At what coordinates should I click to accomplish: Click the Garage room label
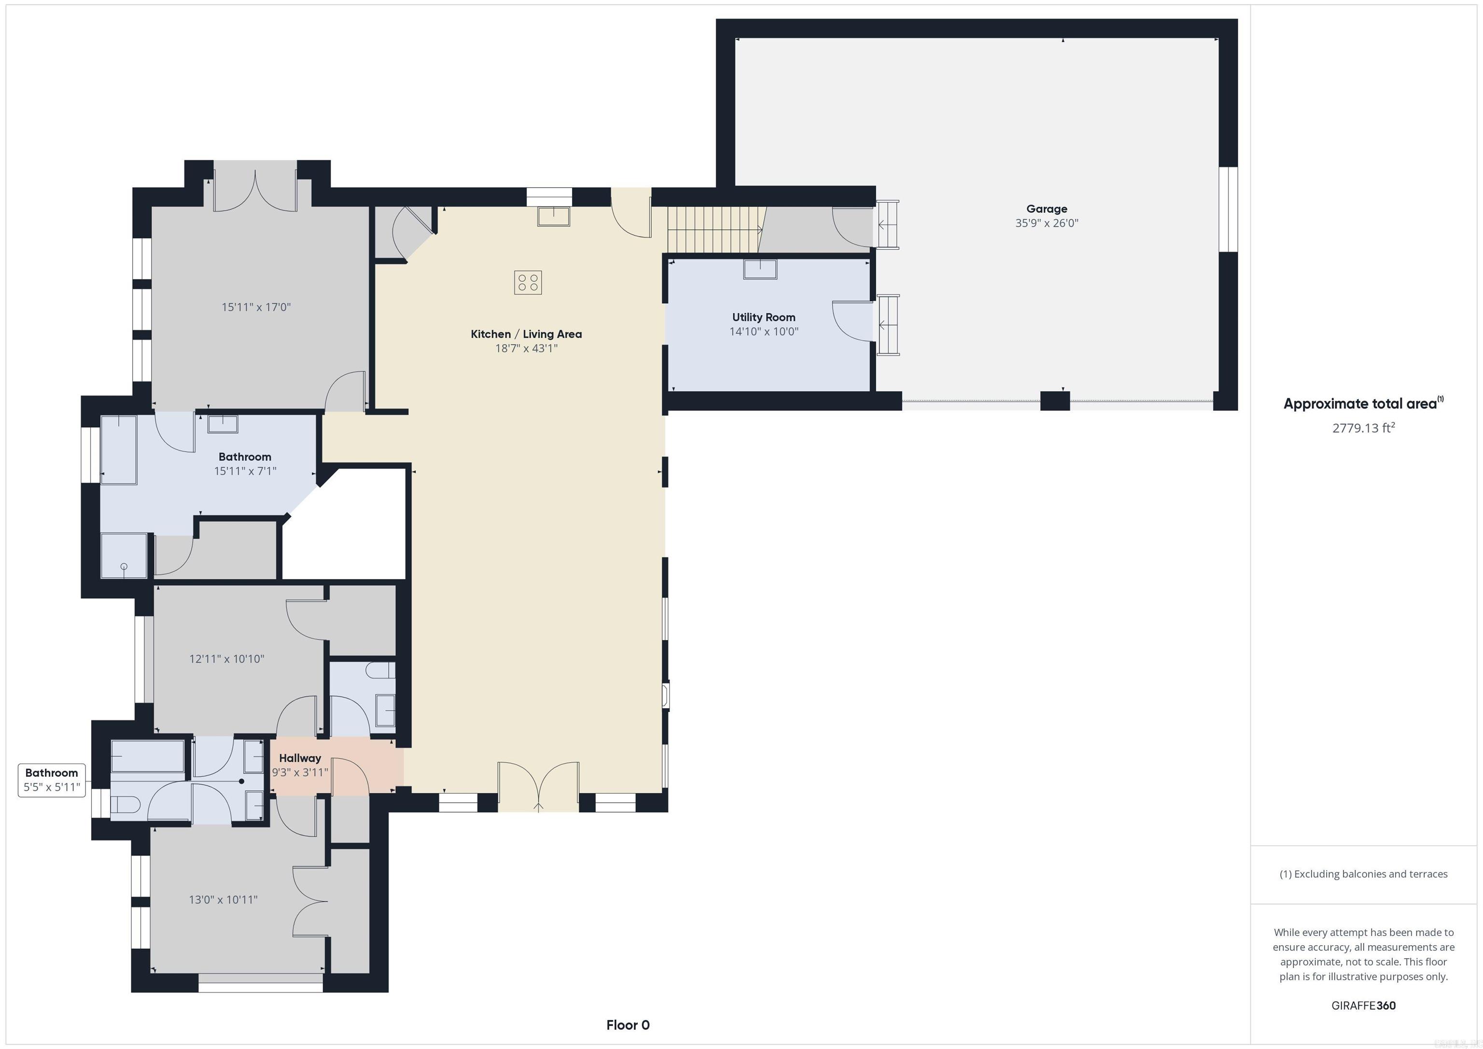click(x=1047, y=209)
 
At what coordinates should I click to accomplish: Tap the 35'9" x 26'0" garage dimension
click(x=1047, y=224)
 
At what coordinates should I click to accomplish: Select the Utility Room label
click(x=763, y=317)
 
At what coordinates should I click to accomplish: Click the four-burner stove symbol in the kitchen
click(x=528, y=282)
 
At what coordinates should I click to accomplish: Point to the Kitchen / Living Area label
click(x=526, y=334)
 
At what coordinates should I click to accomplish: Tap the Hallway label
click(x=300, y=758)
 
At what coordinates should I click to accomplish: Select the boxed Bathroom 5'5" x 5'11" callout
click(x=52, y=780)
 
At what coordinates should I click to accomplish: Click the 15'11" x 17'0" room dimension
click(x=256, y=308)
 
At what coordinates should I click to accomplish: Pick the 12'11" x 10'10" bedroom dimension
click(x=227, y=659)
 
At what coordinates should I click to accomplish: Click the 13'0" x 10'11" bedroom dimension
click(x=223, y=899)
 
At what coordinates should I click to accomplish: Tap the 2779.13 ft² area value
click(x=1363, y=428)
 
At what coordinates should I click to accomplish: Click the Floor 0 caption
click(x=627, y=1024)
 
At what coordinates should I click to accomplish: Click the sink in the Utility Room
click(x=759, y=269)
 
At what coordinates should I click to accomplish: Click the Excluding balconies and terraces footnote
click(x=1363, y=874)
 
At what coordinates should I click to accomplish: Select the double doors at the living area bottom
click(x=538, y=787)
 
